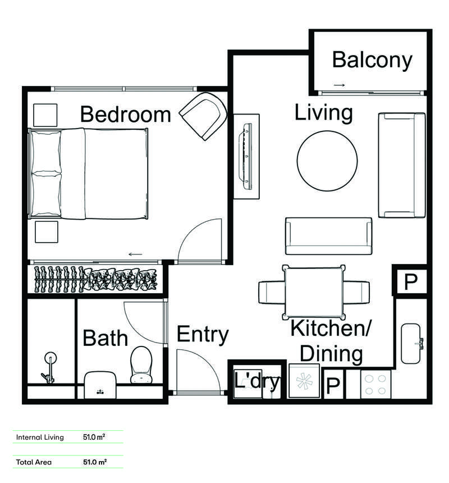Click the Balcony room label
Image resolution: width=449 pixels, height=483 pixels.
click(x=372, y=60)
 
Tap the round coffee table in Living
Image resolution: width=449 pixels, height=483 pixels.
click(x=327, y=161)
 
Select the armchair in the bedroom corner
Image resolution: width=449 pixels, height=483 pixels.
click(x=203, y=116)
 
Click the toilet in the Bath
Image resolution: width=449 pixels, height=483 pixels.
click(x=141, y=364)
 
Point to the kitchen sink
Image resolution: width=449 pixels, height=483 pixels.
click(x=411, y=344)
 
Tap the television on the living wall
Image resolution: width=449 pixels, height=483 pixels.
click(x=248, y=157)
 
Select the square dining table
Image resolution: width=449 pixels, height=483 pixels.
click(x=314, y=292)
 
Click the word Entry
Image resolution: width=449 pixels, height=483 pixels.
click(x=203, y=335)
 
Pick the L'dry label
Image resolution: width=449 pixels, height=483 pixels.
click(x=256, y=382)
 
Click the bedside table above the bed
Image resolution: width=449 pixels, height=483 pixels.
click(x=45, y=115)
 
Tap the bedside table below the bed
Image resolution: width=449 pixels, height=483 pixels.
click(x=47, y=232)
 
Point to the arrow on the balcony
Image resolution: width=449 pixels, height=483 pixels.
click(x=339, y=85)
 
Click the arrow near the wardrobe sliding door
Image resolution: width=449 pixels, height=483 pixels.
click(x=135, y=254)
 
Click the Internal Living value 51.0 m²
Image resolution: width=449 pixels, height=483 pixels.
click(x=94, y=437)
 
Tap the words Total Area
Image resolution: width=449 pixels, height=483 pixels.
click(x=34, y=462)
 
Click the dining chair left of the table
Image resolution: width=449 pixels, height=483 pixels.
click(x=272, y=292)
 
